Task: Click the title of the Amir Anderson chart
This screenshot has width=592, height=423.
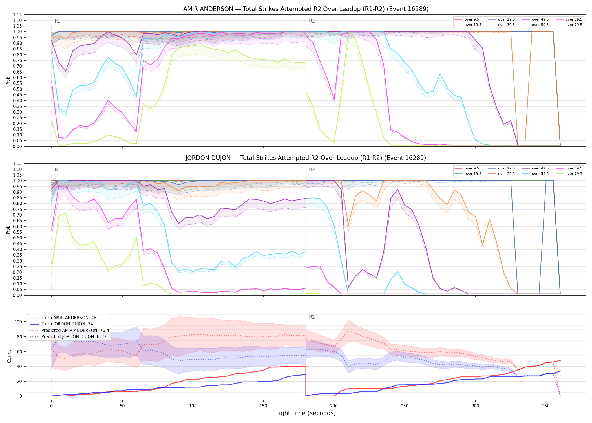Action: click(x=306, y=9)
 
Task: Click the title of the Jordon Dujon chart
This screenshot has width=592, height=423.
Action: click(x=306, y=158)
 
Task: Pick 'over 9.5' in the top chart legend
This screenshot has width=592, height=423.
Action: click(x=472, y=19)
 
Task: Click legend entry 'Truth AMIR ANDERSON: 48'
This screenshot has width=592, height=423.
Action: click(x=69, y=318)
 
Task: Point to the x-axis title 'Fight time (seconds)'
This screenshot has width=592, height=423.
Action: click(x=306, y=413)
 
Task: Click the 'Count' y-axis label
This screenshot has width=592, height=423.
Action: click(x=9, y=356)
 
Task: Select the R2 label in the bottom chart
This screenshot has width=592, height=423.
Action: click(x=312, y=317)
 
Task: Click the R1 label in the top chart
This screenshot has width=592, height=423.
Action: click(x=58, y=21)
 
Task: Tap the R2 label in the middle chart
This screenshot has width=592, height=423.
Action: click(x=312, y=169)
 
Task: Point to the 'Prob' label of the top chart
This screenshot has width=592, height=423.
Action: click(x=8, y=81)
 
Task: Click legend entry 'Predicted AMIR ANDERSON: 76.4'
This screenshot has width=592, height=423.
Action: click(x=75, y=331)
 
